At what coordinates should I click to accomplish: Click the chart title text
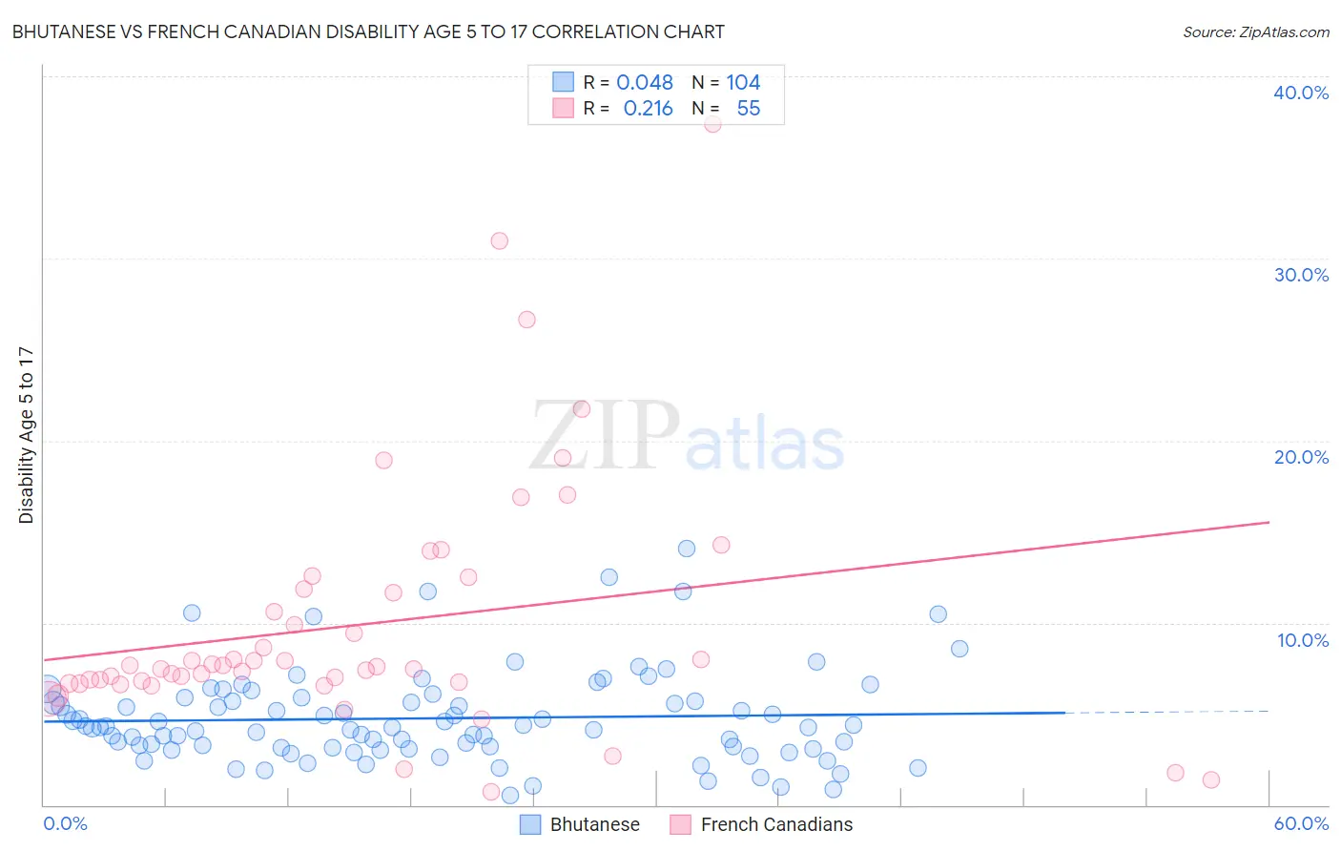(368, 31)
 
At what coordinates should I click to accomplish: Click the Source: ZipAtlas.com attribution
(1255, 31)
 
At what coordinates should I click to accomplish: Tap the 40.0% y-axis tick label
(1301, 93)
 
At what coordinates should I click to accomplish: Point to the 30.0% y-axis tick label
(1301, 275)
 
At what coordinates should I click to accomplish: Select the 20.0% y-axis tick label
(1301, 457)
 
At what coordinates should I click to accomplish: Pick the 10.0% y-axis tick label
(1302, 640)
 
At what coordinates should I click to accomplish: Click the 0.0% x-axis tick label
(65, 823)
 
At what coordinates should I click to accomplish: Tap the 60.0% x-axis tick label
(1301, 823)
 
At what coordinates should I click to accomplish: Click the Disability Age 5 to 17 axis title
(27, 435)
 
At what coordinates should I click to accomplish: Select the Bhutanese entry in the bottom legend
(579, 824)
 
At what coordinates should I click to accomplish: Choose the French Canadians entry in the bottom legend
(761, 824)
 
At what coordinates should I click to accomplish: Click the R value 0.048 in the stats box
(645, 83)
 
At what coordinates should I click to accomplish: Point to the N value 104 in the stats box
(743, 83)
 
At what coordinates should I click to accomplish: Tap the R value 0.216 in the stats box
(648, 109)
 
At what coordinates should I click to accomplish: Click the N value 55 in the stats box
(749, 109)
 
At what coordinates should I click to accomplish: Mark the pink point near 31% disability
(499, 240)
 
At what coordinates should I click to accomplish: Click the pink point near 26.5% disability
(526, 320)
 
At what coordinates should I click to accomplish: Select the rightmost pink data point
(1211, 779)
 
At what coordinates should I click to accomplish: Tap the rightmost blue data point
(959, 649)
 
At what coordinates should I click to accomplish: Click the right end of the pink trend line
(1269, 522)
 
